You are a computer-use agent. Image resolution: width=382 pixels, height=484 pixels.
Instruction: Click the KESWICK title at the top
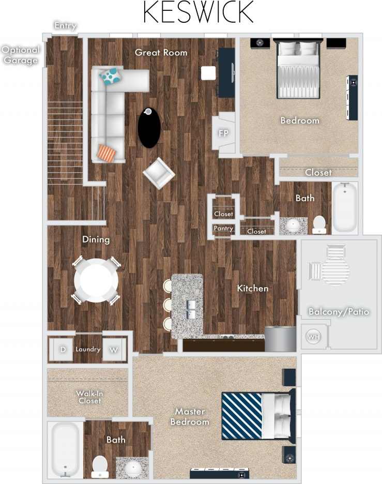pos(198,12)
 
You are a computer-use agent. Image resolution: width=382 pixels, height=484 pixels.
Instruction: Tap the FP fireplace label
pos(223,133)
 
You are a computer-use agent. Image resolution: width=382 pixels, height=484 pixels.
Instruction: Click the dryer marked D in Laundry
pos(63,350)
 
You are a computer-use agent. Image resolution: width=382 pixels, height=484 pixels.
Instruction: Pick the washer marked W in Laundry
pos(112,350)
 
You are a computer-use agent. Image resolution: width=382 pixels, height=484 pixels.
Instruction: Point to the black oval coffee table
pos(149,127)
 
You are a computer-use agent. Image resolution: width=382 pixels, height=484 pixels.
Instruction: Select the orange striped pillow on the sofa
pos(106,153)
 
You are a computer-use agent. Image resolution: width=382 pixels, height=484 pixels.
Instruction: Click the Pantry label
pos(223,229)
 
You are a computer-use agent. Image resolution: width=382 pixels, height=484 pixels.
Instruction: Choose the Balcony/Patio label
pos(339,312)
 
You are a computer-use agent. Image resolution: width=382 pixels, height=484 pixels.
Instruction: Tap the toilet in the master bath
pos(99,466)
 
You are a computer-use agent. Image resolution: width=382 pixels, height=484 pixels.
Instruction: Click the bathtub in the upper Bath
pos(344,207)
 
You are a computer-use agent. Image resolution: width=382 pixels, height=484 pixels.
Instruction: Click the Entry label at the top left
pos(65,25)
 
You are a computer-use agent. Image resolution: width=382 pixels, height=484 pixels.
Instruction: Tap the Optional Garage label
pos(20,55)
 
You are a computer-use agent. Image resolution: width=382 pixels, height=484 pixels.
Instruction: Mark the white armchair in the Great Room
pos(159,174)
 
